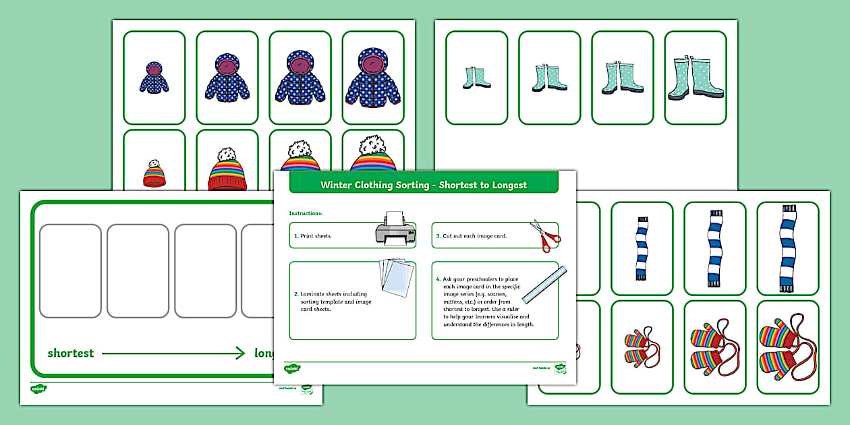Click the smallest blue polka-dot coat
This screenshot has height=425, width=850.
(x=154, y=77)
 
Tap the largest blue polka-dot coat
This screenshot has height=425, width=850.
(x=373, y=78)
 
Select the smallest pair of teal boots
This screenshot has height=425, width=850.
(x=476, y=78)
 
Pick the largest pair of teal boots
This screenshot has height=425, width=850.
(x=695, y=78)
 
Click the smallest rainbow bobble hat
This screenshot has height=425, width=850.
(x=154, y=174)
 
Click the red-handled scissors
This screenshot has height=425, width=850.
(x=545, y=235)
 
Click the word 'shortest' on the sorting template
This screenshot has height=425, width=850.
(x=70, y=353)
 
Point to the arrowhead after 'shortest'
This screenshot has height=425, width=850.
(x=239, y=353)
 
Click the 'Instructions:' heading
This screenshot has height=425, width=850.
(x=306, y=213)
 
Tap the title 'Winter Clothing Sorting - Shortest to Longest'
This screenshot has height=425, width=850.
(x=424, y=184)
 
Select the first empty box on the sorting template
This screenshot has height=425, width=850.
(x=70, y=271)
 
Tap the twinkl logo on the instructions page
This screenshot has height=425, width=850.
(x=292, y=368)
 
